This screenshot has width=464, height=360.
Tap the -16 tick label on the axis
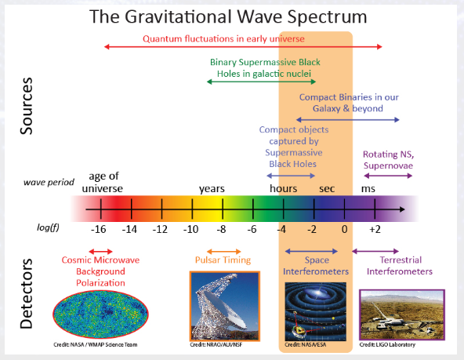[x=97, y=229]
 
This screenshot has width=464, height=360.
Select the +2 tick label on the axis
[x=375, y=229]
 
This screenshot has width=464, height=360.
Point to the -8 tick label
[x=221, y=229]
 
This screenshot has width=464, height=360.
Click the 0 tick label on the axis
[x=344, y=229]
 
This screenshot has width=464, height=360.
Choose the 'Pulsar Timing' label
[x=223, y=260]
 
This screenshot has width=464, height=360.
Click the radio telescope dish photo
[x=224, y=304]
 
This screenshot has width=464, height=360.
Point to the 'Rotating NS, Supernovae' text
[x=387, y=161]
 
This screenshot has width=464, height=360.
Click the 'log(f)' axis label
[x=48, y=227]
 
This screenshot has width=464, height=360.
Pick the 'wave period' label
[x=49, y=182]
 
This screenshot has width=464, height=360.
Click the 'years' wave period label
[x=212, y=188]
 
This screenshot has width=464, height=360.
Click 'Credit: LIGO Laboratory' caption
[x=388, y=344]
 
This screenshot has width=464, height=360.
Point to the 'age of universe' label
[x=103, y=182]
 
